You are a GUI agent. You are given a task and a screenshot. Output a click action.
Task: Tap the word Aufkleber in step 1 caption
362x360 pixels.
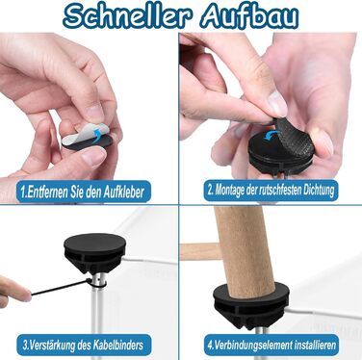[124, 193]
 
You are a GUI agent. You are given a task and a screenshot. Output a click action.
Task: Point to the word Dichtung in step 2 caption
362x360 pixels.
[320, 190]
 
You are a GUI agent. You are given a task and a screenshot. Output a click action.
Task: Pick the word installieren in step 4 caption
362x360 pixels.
[315, 346]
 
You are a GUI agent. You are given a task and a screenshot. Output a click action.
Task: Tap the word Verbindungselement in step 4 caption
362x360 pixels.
[253, 346]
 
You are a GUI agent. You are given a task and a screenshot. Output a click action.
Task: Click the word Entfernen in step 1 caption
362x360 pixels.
[43, 193]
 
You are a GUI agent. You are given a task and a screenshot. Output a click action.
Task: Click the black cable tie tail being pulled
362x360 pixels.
[60, 288]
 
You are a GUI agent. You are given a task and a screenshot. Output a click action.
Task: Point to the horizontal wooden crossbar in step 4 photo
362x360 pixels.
[200, 252]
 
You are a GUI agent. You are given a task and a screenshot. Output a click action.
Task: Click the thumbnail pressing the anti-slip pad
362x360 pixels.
[278, 103]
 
